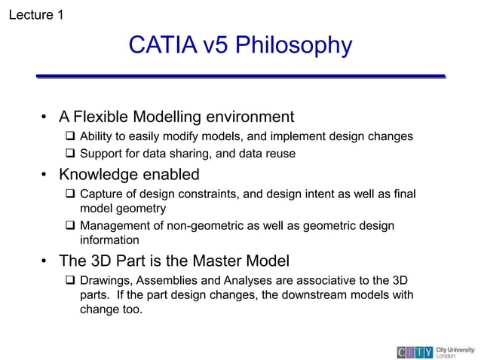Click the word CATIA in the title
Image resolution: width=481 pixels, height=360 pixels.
pos(163,45)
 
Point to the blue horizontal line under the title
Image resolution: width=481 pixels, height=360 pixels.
pos(240,76)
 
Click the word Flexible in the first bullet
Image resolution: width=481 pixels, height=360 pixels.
pos(101,117)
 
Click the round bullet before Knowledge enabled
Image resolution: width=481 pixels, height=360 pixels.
pos(46,175)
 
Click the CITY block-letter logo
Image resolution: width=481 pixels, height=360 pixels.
pos(415,352)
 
